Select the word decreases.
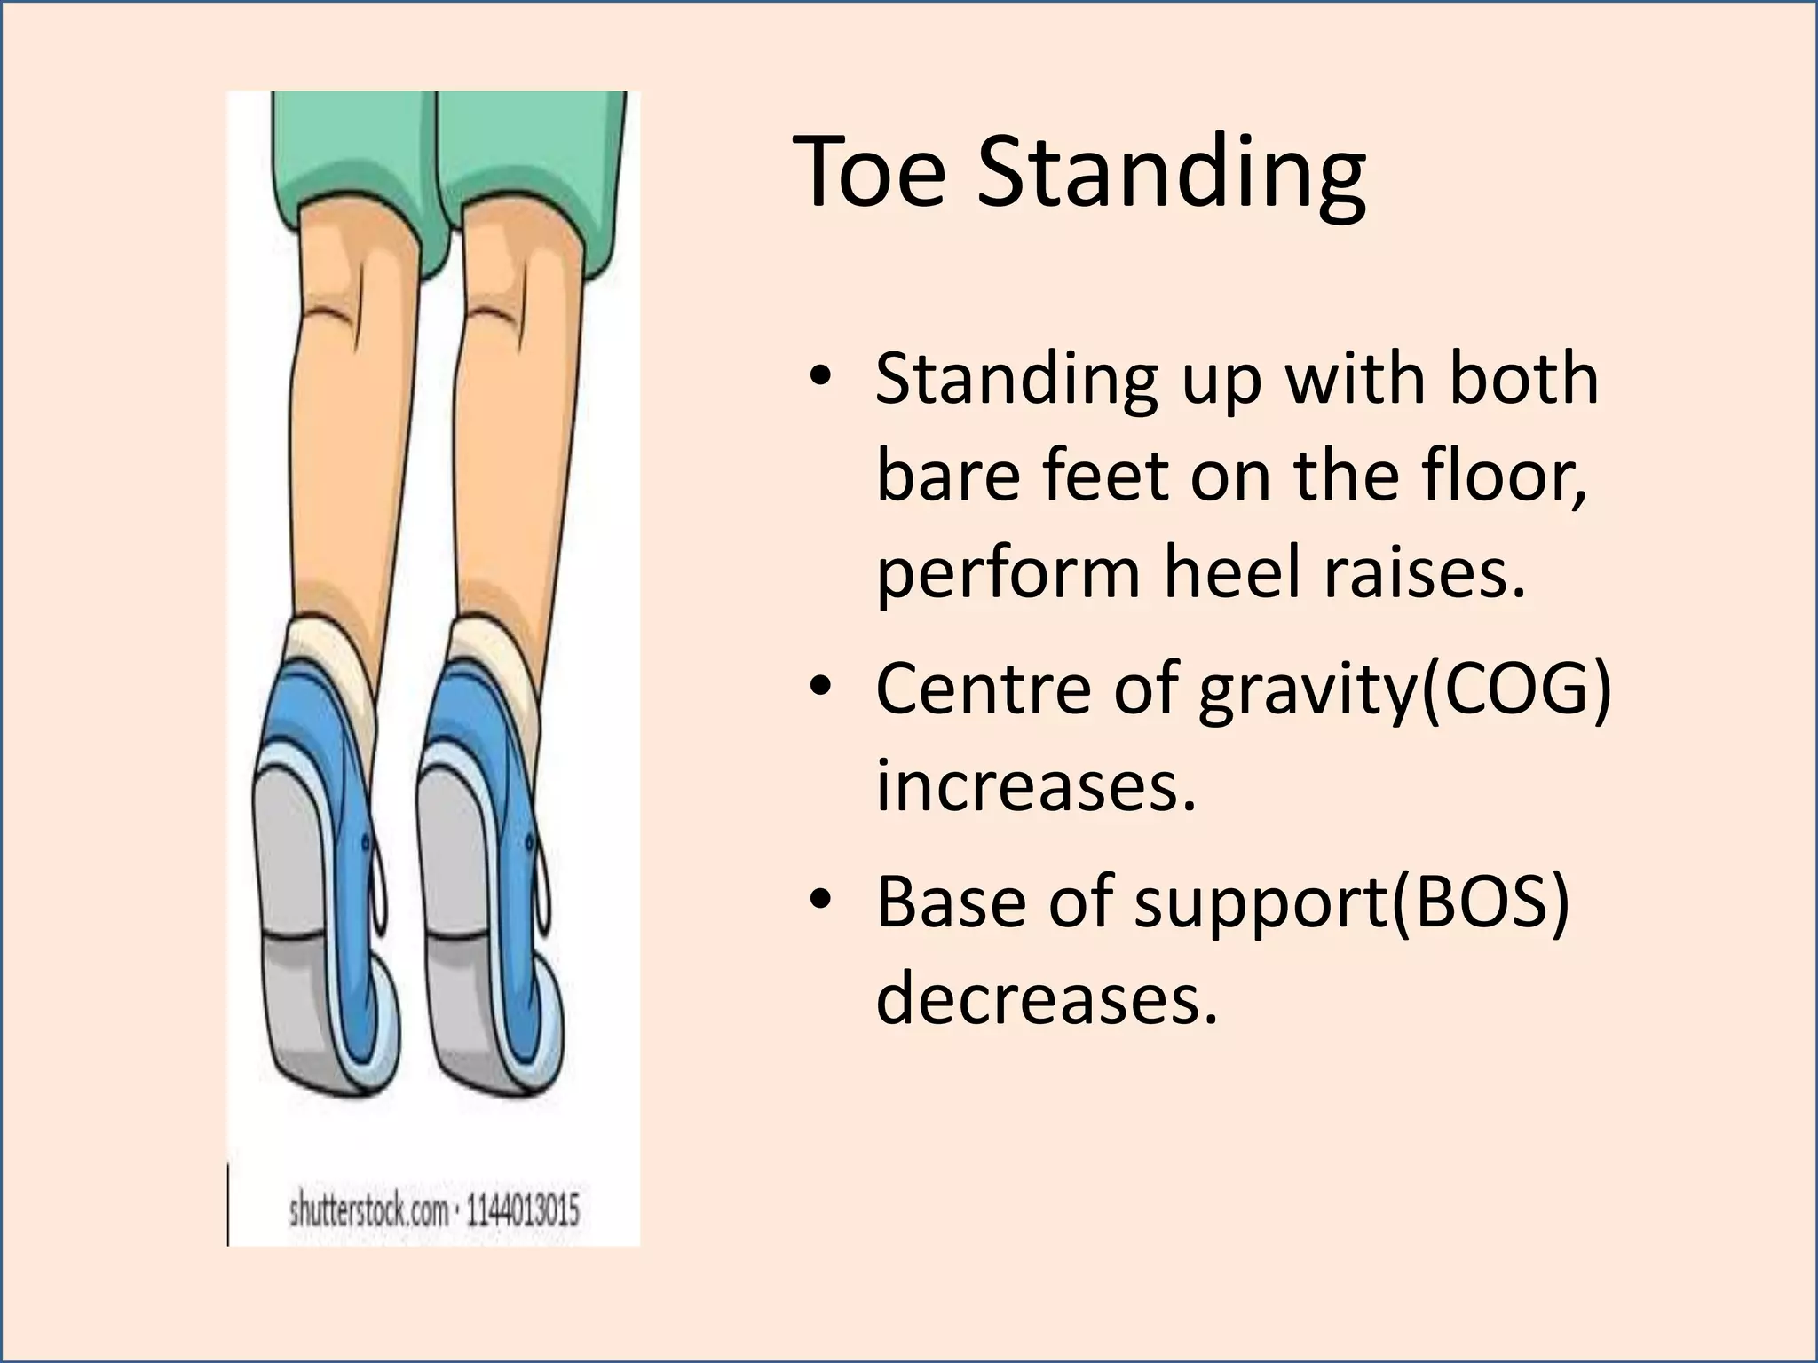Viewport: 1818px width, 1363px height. point(1047,997)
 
